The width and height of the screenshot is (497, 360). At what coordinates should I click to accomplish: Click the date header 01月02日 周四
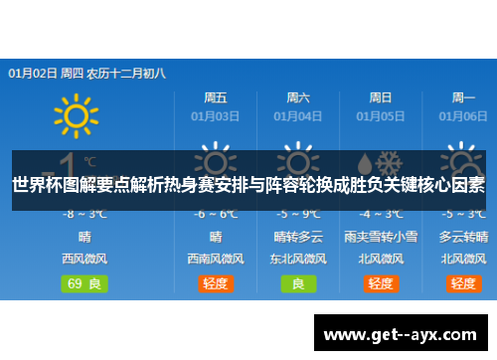click(47, 73)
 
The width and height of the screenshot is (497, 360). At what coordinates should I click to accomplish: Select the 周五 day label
click(216, 98)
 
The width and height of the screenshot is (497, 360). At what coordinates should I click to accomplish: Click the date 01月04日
click(298, 116)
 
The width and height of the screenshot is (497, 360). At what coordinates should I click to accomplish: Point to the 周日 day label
click(380, 98)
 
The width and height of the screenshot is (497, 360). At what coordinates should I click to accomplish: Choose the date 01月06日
click(463, 116)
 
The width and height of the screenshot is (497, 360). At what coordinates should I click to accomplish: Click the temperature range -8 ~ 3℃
click(84, 215)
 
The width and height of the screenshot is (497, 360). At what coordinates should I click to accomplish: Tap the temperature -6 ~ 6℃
click(216, 215)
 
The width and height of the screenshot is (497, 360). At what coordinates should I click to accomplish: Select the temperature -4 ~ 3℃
click(380, 215)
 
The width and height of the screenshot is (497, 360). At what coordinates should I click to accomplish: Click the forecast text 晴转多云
click(298, 237)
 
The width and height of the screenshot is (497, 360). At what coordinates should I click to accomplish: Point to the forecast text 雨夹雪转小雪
click(380, 237)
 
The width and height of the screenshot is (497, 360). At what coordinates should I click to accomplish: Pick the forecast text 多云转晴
click(463, 237)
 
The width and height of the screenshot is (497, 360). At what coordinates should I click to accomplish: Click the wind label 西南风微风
click(216, 259)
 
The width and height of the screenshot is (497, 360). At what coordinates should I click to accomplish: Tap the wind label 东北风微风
click(298, 259)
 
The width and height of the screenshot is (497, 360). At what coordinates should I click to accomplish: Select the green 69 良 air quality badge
click(84, 283)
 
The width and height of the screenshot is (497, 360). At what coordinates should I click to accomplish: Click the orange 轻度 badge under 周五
click(216, 283)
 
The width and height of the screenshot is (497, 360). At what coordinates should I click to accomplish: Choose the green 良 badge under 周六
click(298, 283)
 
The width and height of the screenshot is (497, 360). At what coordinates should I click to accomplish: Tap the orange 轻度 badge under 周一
click(463, 283)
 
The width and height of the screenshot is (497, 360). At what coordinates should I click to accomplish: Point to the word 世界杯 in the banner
click(34, 185)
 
